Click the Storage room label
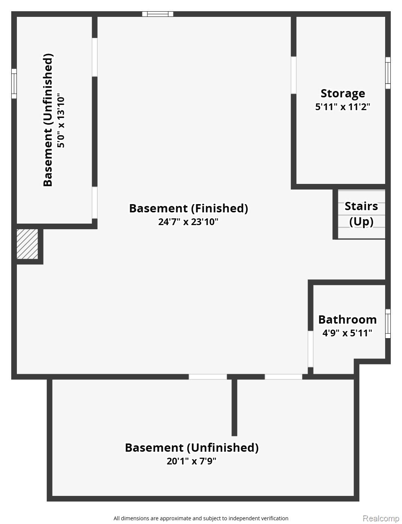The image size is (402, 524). coord(342,94)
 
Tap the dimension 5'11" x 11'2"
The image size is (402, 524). coord(342,107)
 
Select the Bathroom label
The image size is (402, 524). coord(347,320)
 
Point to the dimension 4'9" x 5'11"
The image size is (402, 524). coord(347,333)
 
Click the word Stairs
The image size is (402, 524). coord(361,206)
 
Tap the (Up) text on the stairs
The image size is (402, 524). coord(361,222)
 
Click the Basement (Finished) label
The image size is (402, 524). coord(188,208)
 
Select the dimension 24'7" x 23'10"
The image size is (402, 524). coord(188,222)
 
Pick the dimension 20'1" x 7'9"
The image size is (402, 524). coord(191,461)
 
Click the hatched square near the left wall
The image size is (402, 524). coord(27,244)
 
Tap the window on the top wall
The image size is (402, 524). coord(157,14)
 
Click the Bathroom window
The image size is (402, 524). coord(388,324)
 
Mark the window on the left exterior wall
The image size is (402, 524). coord(14,84)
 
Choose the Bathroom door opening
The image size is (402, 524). coord(310,349)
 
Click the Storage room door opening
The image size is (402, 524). coord(293,75)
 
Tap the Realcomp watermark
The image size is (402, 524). coord(381,518)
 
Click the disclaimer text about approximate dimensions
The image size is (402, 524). coord(201,518)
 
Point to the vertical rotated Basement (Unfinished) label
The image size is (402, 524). coord(48,120)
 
